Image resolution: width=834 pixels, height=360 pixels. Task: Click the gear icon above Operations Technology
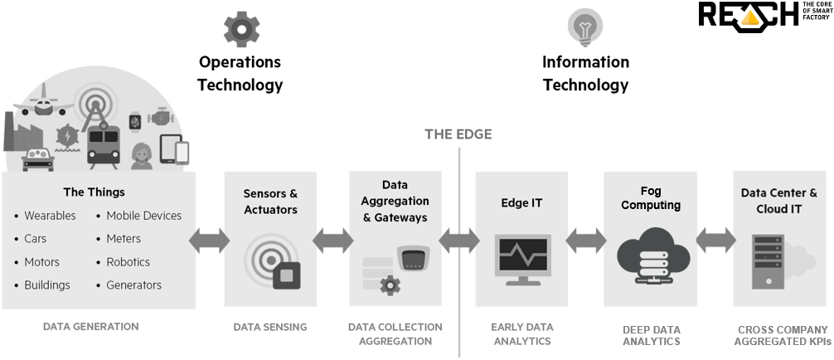241,27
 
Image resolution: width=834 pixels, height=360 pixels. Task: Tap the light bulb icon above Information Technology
585,26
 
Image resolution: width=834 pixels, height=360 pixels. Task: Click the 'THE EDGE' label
458,134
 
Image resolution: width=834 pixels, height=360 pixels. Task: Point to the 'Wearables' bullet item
49,216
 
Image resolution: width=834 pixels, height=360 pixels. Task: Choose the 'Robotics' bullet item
128,262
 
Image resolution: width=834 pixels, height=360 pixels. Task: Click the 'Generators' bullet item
133,285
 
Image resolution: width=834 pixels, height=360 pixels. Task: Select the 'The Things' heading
94,192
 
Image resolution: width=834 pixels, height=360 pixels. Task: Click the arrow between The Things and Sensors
210,241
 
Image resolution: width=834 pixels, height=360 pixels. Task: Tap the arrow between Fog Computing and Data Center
715,241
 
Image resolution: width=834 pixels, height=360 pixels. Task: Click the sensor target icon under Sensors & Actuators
271,260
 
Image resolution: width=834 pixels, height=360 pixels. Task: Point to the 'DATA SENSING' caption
270,327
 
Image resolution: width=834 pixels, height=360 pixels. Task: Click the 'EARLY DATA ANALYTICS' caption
521,333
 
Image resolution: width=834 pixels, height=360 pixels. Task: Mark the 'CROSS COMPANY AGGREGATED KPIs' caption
780,335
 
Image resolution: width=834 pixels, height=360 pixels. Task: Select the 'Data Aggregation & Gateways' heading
395,202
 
